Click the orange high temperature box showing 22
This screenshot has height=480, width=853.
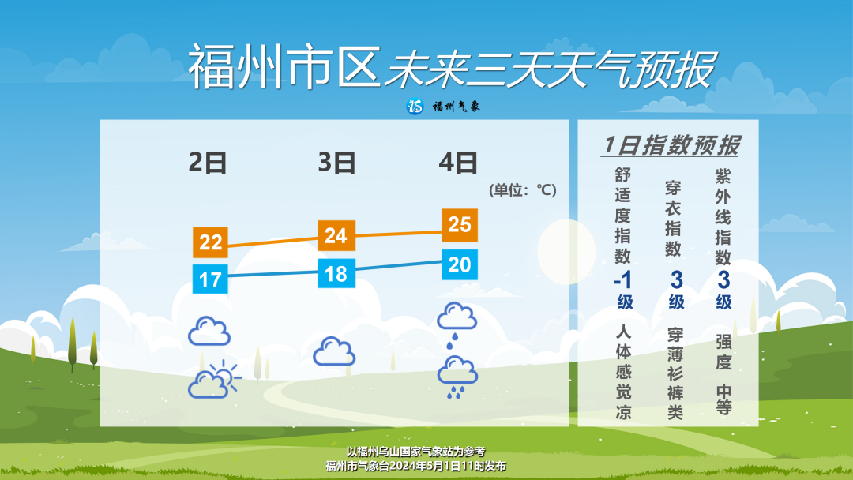point(210,242)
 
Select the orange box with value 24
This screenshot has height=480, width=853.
point(336,236)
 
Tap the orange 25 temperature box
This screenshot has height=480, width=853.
point(460,225)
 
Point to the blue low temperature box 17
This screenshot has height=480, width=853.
point(210,279)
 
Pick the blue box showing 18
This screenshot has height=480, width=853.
point(336,273)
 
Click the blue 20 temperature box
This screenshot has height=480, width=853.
point(460,264)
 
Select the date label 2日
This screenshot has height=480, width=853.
point(207,163)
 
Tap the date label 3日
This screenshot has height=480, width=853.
point(336,163)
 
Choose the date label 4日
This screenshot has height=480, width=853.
point(458,163)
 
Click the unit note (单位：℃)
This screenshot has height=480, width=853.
point(523,190)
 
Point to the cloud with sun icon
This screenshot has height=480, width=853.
point(214,378)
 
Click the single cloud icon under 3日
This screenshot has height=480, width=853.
point(334,351)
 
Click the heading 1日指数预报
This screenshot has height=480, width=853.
point(671,145)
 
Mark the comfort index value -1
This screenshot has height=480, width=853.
point(623,280)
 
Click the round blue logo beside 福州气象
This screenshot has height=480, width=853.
point(415,107)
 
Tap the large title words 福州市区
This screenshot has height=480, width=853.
point(284,67)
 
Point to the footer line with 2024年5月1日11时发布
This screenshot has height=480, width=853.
point(415,466)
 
